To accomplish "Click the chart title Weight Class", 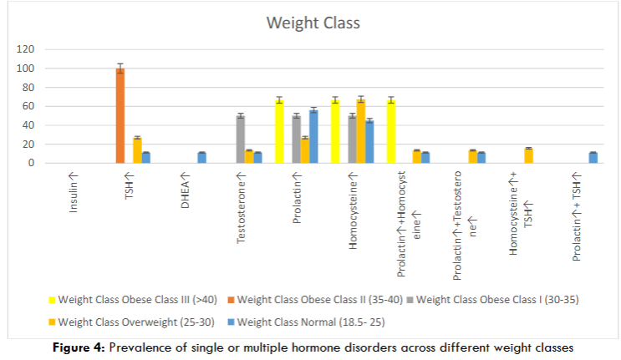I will tap(313, 23).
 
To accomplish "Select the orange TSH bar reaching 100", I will tap(120, 116).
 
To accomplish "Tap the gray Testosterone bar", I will tap(241, 139).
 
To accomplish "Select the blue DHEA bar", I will tap(201, 158).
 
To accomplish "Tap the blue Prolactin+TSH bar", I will tap(593, 158).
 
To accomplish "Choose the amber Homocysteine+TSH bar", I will tap(528, 156).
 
